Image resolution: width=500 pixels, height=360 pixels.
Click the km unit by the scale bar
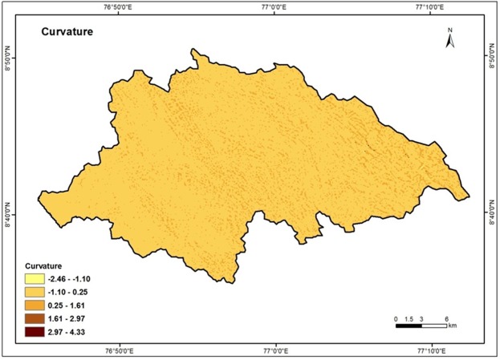point(453,326)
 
